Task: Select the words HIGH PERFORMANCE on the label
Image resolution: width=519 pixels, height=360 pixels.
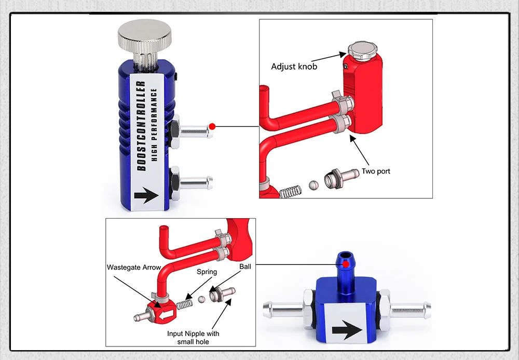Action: [x=154, y=125]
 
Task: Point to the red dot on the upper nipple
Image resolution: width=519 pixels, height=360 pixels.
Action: [x=212, y=126]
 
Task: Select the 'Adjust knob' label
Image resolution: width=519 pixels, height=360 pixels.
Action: [x=294, y=66]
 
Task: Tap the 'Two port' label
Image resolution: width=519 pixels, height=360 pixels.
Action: [x=376, y=171]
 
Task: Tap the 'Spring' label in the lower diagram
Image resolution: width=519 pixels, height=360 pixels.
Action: [x=207, y=272]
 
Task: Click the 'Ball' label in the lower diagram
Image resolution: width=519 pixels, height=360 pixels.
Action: [x=245, y=266]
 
